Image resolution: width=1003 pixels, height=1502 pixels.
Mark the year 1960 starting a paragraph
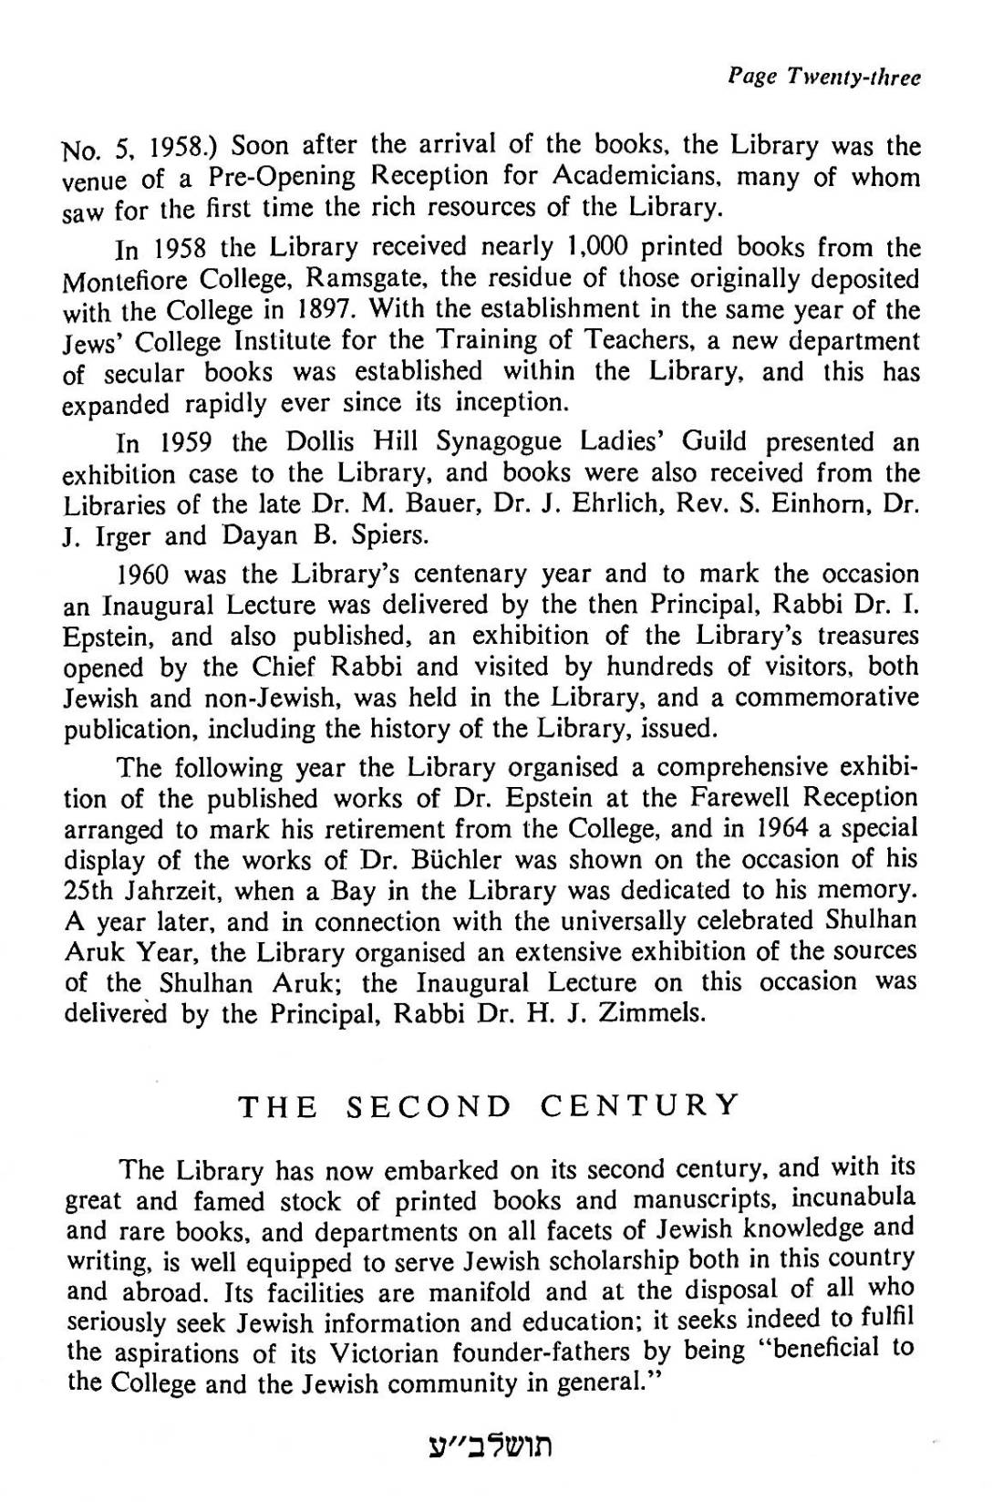pos(146,575)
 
